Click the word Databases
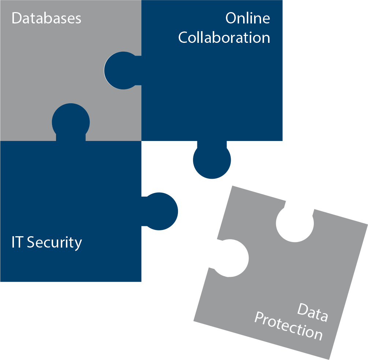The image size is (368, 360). click(47, 18)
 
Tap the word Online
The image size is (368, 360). click(248, 18)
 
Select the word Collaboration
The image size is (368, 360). click(224, 37)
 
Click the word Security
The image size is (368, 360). click(55, 243)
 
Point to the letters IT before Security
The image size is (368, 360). click(17, 242)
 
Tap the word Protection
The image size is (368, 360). click(289, 326)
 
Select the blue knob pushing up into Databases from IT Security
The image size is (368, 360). click(71, 122)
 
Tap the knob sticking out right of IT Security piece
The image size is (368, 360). click(160, 211)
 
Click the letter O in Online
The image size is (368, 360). click(231, 18)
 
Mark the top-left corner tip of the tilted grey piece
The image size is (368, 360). click(233, 186)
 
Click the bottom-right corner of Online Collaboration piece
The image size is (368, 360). click(282, 141)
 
